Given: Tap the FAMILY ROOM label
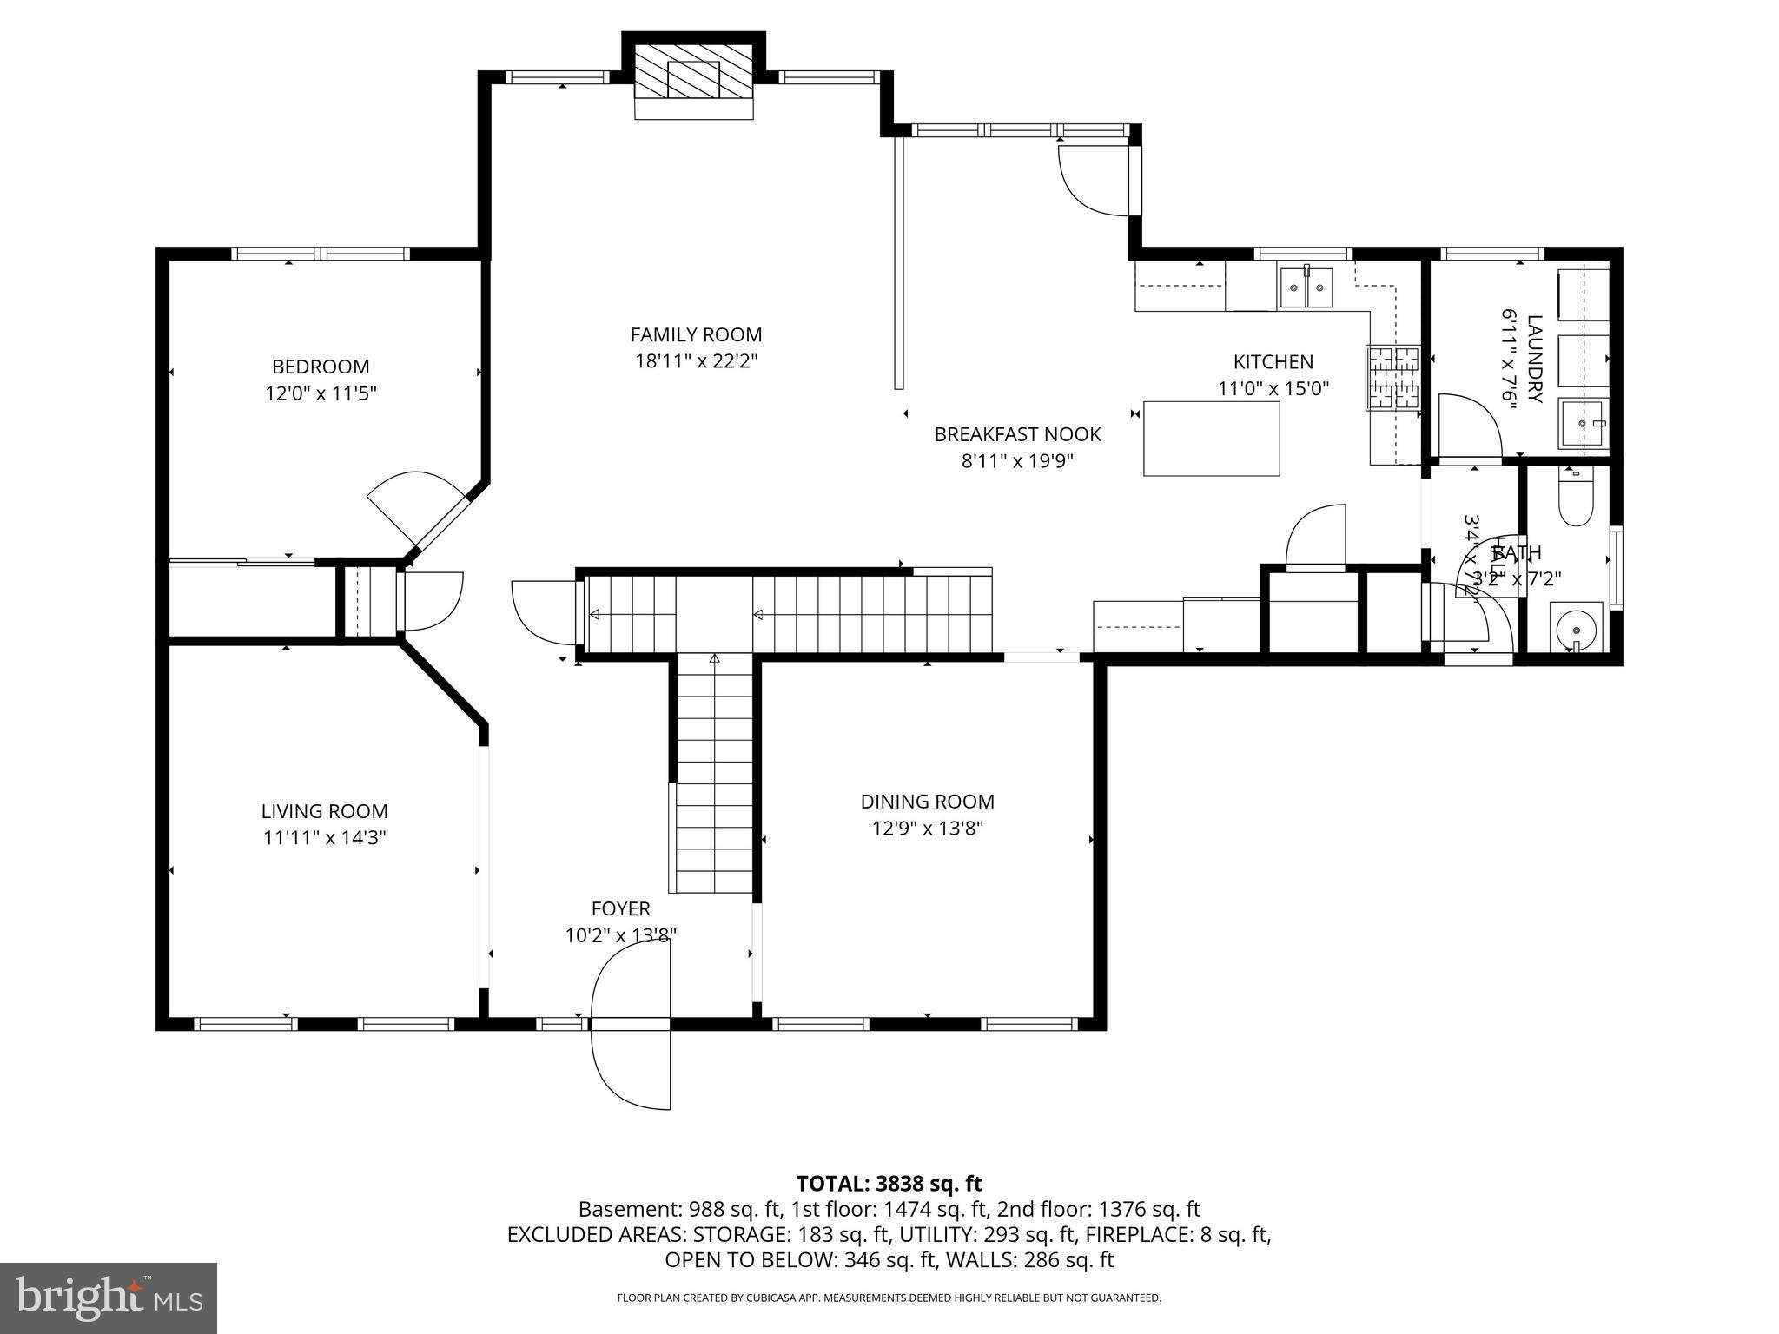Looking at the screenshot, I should pyautogui.click(x=696, y=334).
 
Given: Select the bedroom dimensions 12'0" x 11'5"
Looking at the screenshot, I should pyautogui.click(x=321, y=393).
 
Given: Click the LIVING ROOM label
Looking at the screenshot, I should pyautogui.click(x=324, y=811).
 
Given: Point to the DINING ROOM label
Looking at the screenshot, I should pyautogui.click(x=927, y=802).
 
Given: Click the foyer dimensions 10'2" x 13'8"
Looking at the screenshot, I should pyautogui.click(x=620, y=935).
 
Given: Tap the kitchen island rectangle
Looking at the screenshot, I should pyautogui.click(x=1211, y=439).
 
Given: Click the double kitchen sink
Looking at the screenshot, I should pyautogui.click(x=1306, y=287).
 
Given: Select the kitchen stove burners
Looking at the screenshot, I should pyautogui.click(x=1392, y=378).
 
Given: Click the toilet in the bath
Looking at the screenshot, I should pyautogui.click(x=1576, y=500).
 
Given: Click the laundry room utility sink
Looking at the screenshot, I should pyautogui.click(x=1583, y=423).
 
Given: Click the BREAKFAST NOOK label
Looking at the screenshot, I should pyautogui.click(x=1017, y=434).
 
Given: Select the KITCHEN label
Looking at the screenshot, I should pyautogui.click(x=1273, y=361).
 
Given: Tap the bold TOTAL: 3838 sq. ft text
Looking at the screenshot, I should pyautogui.click(x=889, y=1183).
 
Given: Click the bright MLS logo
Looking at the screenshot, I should pyautogui.click(x=108, y=1298).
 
